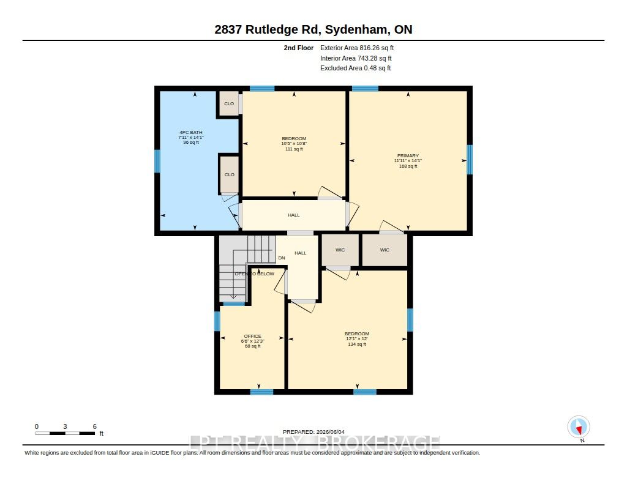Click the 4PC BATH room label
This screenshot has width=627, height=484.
click(x=191, y=132)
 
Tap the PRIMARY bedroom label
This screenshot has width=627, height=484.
click(x=408, y=155)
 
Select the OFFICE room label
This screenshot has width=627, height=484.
click(x=253, y=336)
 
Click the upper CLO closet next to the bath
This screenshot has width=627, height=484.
click(x=229, y=103)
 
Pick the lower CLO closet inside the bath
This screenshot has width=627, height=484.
click(x=230, y=174)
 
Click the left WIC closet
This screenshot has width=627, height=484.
click(x=340, y=250)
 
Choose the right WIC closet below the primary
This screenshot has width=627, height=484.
click(x=385, y=250)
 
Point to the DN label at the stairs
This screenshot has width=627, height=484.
click(x=282, y=258)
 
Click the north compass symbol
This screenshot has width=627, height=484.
click(x=579, y=427)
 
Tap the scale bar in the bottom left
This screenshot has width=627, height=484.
click(x=65, y=433)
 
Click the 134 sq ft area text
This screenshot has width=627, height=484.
click(x=357, y=344)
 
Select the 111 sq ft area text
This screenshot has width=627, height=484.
click(x=294, y=149)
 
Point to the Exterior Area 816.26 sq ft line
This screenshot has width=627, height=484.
click(x=357, y=48)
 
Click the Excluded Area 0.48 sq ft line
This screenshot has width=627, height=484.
click(x=356, y=69)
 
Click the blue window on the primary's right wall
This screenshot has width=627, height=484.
click(x=470, y=160)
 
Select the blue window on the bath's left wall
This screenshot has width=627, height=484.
click(x=157, y=161)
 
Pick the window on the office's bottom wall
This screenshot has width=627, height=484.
click(x=261, y=392)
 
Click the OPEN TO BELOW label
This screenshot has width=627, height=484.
click(x=254, y=274)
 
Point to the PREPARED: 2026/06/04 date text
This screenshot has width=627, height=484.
click(x=313, y=432)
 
